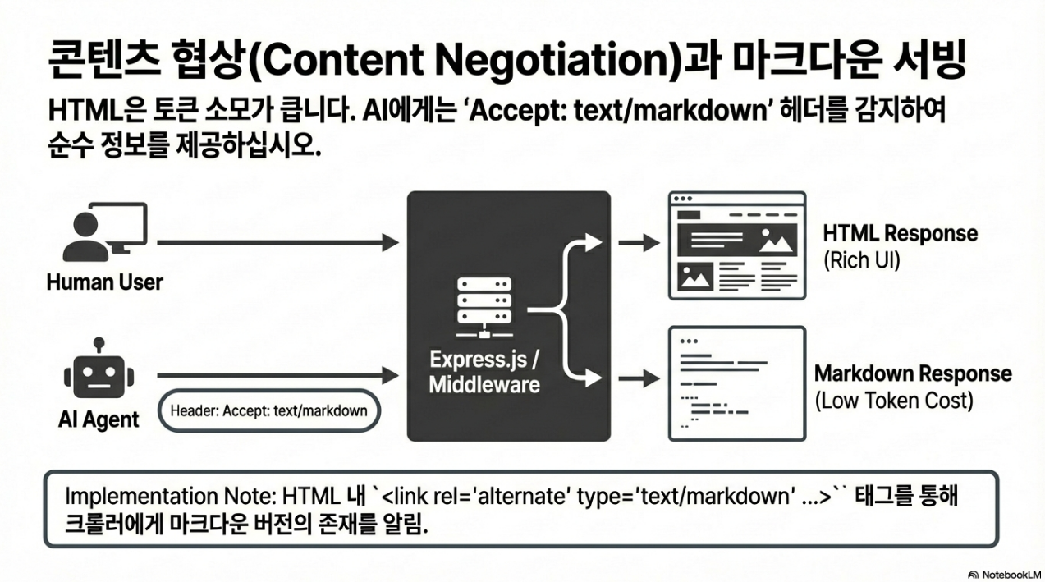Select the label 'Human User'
click(x=104, y=282)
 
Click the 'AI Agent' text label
click(x=99, y=419)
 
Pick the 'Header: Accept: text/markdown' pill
click(x=268, y=410)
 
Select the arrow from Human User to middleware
click(x=277, y=242)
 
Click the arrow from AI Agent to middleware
click(x=277, y=375)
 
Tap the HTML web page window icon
click(x=736, y=245)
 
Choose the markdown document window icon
click(x=736, y=383)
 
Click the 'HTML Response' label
click(x=900, y=233)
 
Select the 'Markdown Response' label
click(x=912, y=374)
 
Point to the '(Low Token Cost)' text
click(x=893, y=402)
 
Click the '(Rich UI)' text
click(x=861, y=261)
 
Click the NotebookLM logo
click(x=1005, y=573)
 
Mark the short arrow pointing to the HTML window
click(x=639, y=242)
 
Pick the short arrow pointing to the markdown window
click(x=639, y=378)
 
